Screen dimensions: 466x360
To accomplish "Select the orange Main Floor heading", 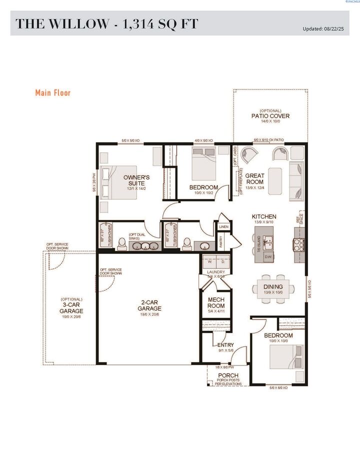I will tap(53, 92).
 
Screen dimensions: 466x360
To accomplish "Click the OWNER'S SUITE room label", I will tap(136, 180).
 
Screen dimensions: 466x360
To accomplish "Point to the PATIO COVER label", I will tap(270, 116).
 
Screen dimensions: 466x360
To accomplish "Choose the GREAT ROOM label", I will tap(254, 179).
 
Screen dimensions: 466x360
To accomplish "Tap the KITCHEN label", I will tap(264, 216).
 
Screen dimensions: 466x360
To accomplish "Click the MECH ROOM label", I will tap(216, 302).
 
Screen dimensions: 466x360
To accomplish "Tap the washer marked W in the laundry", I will tap(209, 261).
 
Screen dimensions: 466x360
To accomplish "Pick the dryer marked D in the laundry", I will tap(223, 261).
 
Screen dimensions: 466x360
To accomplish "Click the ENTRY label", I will tap(225, 345).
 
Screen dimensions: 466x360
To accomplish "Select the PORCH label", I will tap(227, 375).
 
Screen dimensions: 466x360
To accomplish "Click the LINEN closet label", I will tap(223, 227).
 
